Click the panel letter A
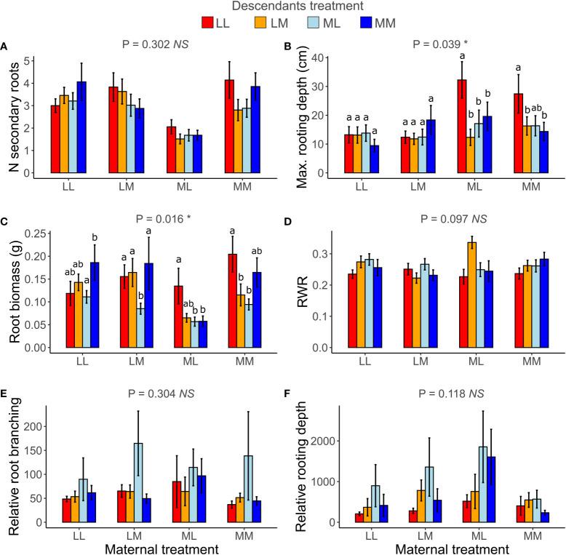click(x=5, y=47)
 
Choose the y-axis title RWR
click(x=298, y=291)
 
